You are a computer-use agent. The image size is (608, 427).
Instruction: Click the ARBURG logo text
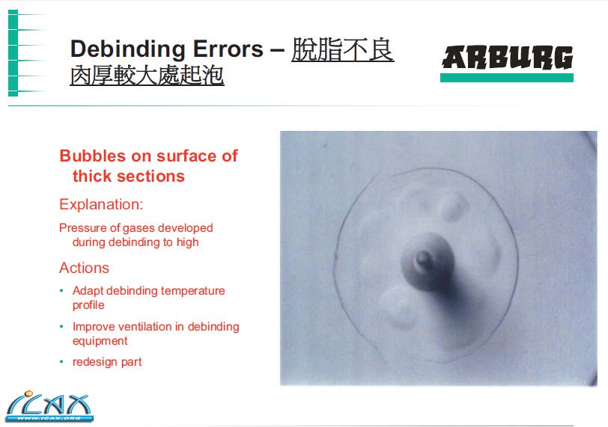507,58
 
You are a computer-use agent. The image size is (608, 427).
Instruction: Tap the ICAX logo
49,406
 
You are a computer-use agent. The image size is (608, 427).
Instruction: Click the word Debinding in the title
128,49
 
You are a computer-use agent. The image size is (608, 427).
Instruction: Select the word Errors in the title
228,49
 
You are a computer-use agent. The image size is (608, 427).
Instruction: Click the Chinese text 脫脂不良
343,49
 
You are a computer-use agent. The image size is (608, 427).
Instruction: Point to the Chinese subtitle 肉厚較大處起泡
147,76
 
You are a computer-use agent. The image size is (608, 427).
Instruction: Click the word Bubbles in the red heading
93,156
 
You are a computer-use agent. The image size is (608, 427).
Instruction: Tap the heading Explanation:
101,204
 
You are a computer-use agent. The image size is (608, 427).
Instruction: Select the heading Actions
84,268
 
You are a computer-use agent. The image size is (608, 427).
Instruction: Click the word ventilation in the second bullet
145,327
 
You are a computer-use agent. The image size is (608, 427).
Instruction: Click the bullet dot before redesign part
61,362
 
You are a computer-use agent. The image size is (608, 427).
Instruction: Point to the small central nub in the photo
422,259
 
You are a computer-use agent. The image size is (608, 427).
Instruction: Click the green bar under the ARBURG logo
507,78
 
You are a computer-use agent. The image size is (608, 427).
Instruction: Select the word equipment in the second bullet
100,341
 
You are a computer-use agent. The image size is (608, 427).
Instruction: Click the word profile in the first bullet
88,305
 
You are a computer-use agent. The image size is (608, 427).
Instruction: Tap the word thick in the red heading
92,176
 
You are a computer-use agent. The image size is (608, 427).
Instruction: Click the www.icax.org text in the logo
49,418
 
